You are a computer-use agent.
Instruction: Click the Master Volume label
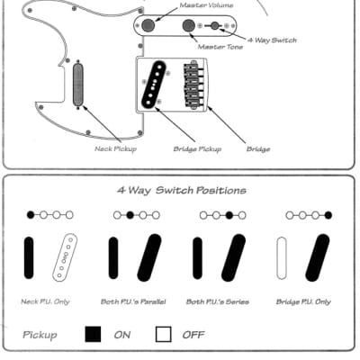click(202, 5)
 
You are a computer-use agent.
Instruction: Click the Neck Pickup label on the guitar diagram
click(114, 148)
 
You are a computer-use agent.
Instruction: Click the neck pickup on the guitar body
click(77, 85)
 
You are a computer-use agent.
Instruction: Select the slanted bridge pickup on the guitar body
click(160, 84)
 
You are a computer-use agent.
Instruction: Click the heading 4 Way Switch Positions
click(181, 191)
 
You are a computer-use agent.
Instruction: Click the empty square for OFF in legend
click(163, 334)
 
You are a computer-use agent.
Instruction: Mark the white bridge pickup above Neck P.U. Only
click(65, 258)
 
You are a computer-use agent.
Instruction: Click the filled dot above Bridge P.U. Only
click(328, 216)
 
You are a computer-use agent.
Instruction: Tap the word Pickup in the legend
click(40, 334)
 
